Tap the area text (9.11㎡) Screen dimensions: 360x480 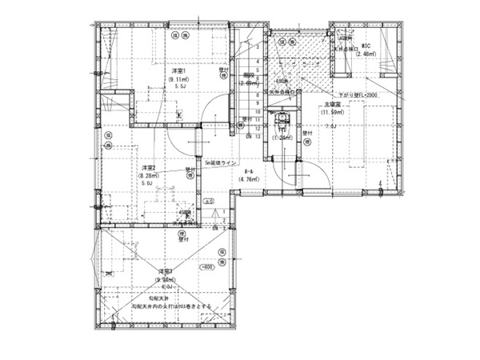[x=178, y=79]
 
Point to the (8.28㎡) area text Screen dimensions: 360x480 [x=150, y=175]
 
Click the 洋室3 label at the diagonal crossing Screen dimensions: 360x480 [x=166, y=272]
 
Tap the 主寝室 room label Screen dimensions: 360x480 [x=333, y=105]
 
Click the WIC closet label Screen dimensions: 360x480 [x=366, y=46]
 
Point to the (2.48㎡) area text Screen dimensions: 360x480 [x=367, y=54]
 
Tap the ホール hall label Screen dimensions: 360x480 [x=249, y=172]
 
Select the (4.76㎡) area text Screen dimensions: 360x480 [x=250, y=180]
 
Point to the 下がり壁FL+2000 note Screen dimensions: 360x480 [x=358, y=94]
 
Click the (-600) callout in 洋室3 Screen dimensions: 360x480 [x=206, y=266]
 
